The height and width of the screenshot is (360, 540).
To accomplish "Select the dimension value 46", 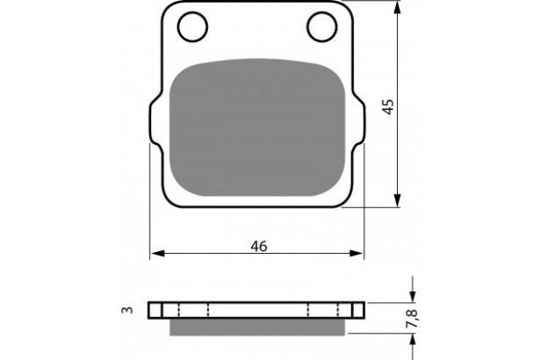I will [x=258, y=246].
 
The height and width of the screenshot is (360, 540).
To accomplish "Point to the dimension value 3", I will [x=128, y=311].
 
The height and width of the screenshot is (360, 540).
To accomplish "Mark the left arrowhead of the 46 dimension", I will [x=157, y=254].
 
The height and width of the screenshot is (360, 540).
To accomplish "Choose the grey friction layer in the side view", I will [x=257, y=327].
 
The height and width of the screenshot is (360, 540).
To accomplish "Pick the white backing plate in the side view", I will [x=257, y=311].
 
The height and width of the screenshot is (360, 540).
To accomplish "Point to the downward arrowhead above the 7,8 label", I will [x=412, y=296].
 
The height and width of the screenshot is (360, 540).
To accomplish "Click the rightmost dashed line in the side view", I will [x=337, y=311].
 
